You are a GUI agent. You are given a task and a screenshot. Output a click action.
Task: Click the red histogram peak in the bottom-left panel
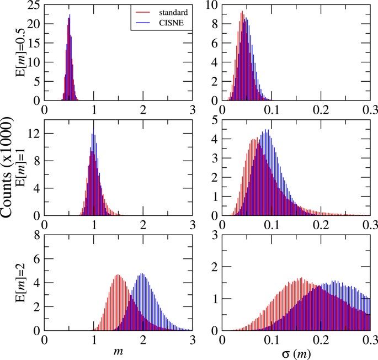[x=118, y=275]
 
